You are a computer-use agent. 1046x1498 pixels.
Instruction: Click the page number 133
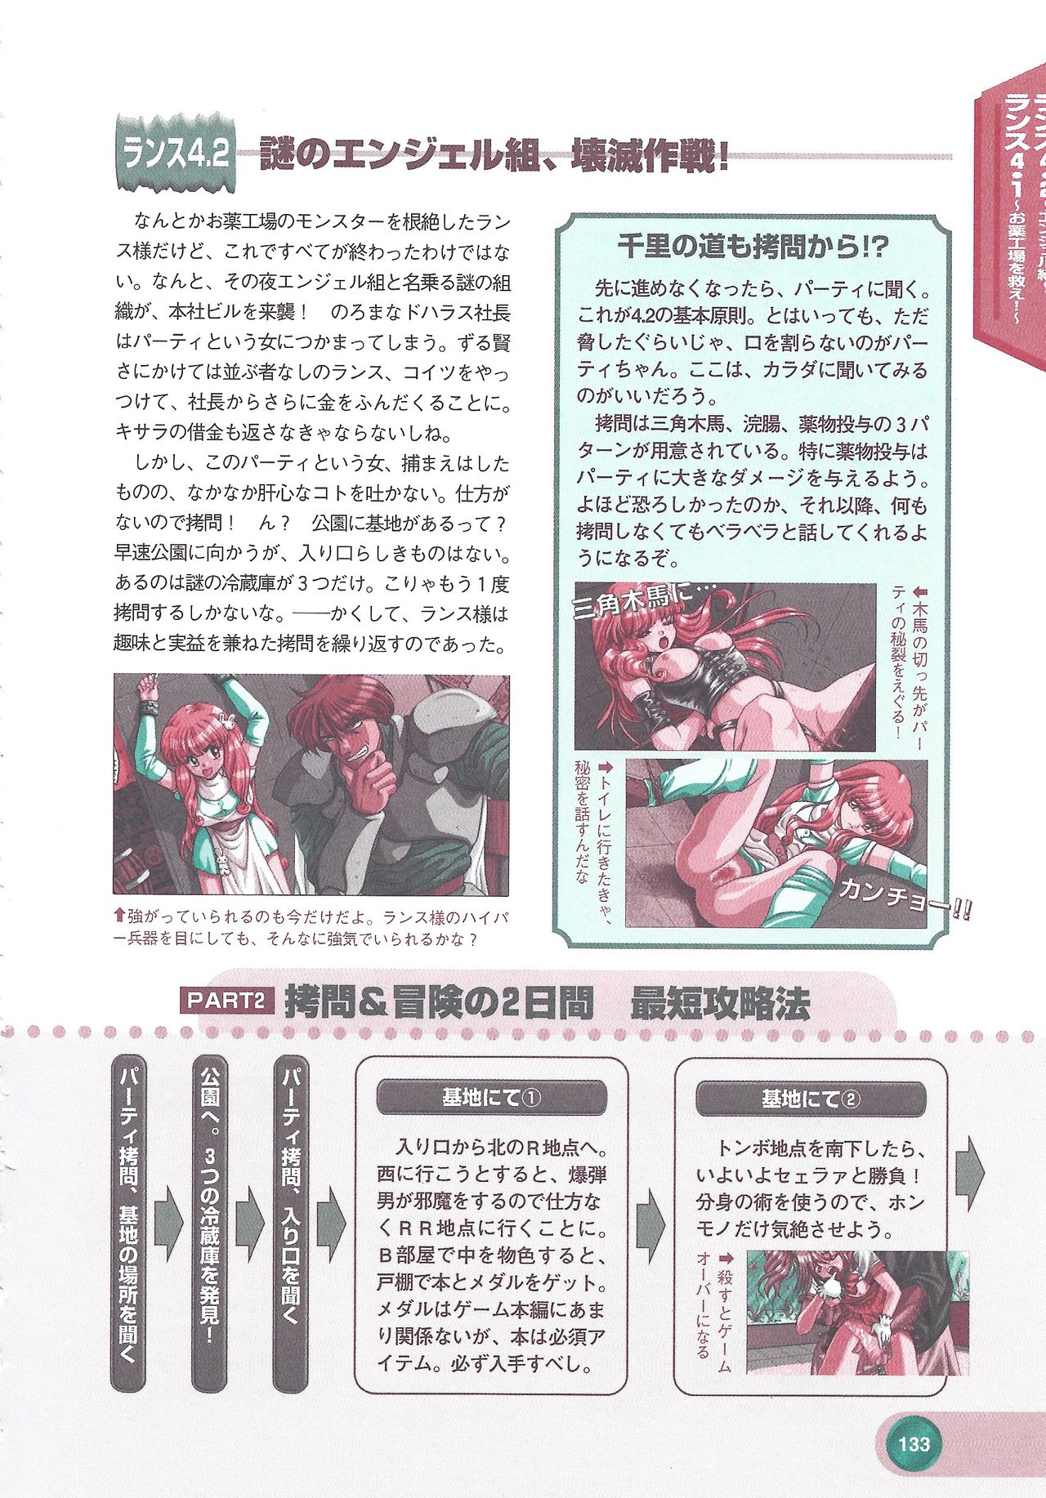914,1443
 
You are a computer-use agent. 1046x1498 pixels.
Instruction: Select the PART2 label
226,1001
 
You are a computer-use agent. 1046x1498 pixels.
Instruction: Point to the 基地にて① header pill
491,1098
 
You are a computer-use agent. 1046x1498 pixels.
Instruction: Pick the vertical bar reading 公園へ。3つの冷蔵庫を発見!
210,1225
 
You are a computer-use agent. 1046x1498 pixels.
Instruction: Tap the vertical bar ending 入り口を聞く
291,1225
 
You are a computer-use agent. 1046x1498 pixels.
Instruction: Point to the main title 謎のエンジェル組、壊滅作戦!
494,154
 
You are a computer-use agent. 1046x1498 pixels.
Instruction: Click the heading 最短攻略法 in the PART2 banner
720,1004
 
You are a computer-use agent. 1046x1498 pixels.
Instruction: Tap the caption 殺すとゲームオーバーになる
713,1313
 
